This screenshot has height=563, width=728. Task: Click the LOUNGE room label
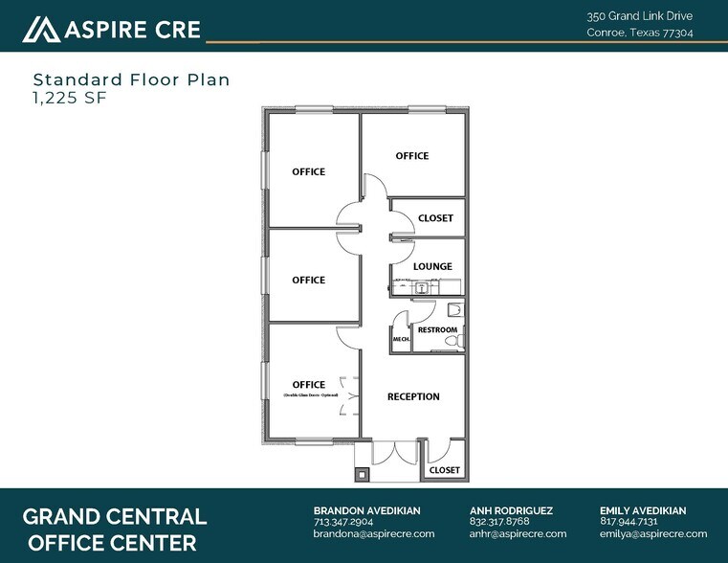[x=432, y=266]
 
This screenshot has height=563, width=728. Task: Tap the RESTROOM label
[x=437, y=330]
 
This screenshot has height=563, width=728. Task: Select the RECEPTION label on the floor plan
[x=413, y=396]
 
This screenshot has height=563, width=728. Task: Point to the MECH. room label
[x=401, y=339]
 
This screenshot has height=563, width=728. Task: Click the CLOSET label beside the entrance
[x=444, y=470]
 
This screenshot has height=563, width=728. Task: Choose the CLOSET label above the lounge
[x=435, y=218]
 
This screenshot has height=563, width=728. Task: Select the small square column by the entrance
[x=362, y=473]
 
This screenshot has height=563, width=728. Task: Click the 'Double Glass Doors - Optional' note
[x=309, y=395]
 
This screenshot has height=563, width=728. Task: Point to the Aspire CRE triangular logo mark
[x=40, y=30]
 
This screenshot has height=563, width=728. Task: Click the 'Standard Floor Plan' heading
[x=131, y=79]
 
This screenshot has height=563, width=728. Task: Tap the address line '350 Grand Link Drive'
[x=640, y=16]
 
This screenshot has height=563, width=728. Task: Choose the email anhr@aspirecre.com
[x=518, y=534]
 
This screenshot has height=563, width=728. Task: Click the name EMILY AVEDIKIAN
[x=643, y=510]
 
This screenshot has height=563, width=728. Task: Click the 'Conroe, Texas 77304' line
[x=640, y=33]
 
